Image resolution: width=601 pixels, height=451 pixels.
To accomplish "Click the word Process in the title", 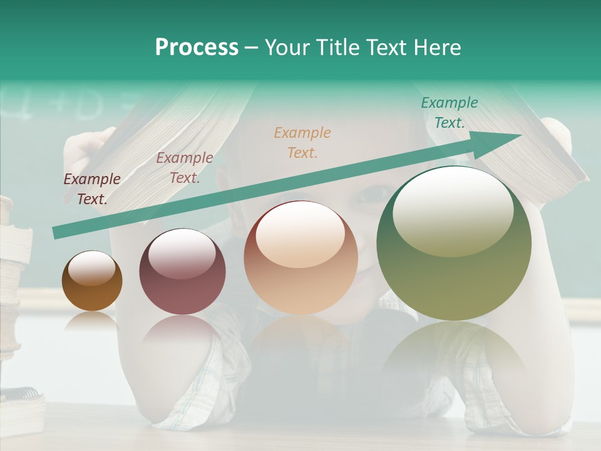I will coord(197,48).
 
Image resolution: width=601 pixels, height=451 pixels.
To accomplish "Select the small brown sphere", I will coord(92,281).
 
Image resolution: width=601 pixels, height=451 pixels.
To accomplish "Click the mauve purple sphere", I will coord(182,272).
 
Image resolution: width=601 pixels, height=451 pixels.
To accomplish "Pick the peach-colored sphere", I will coord(300,257).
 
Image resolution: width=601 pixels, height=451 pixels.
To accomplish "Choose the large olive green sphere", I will coord(453,244).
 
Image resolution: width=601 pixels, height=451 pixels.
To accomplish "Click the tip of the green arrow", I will coord(520,135).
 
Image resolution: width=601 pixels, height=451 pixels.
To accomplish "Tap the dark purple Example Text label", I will coord(92,189).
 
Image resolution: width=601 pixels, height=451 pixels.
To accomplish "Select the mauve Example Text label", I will coord(184,168).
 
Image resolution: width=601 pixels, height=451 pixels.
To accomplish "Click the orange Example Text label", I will coord(302,142).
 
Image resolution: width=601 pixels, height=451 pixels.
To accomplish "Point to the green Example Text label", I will coord(449,112).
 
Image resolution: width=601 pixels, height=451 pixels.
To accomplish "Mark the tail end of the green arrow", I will coord(55,233).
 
